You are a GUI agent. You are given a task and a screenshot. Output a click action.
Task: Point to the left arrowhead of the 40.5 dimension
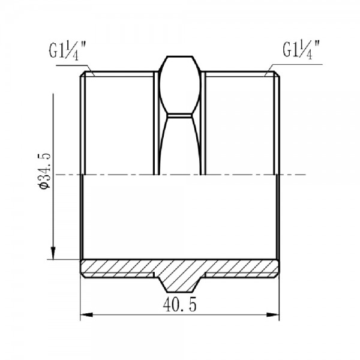[x=85, y=313]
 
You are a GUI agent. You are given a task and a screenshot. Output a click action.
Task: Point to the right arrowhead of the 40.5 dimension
[x=276, y=313]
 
